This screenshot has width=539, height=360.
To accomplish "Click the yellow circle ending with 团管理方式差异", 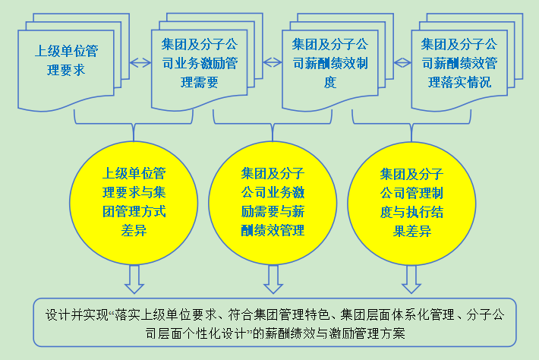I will (x=134, y=201).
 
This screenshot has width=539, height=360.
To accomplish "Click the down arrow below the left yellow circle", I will (x=134, y=279).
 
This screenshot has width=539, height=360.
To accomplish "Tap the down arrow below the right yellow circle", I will (x=411, y=279).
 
